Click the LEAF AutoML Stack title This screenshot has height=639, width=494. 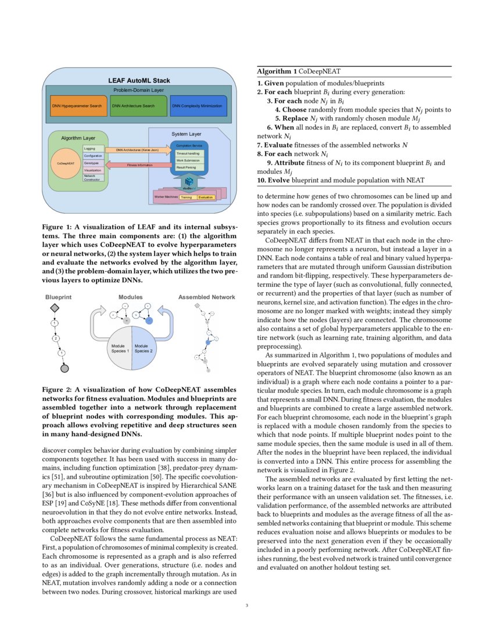click(139, 80)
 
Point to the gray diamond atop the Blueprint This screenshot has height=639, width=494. click(54, 307)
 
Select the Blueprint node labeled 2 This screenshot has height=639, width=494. click(56, 338)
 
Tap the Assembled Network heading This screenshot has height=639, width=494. click(206, 297)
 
